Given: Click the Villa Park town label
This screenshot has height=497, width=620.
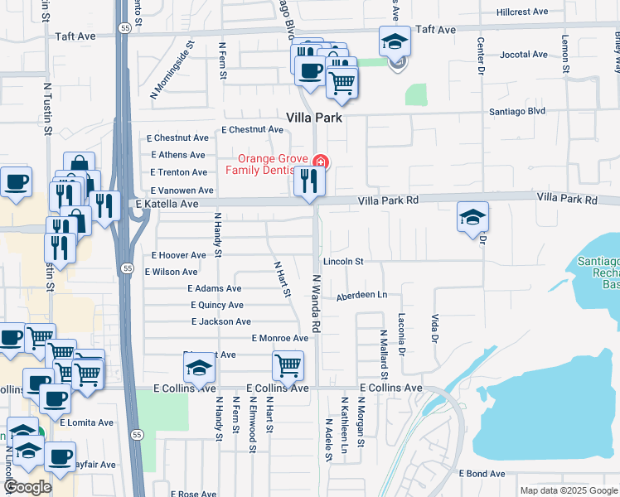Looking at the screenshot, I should pos(314,118).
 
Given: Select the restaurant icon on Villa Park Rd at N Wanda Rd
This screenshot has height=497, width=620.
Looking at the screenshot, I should pos(308,181).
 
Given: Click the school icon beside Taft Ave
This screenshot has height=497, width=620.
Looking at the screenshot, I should pos(395,41).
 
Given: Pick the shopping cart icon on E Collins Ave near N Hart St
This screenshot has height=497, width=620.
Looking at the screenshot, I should pos(287,365).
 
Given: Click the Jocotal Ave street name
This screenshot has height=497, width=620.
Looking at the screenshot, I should pos(524,55).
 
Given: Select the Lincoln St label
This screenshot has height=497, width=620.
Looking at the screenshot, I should pos(343,262).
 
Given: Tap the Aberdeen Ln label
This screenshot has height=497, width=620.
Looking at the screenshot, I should pos(361,296).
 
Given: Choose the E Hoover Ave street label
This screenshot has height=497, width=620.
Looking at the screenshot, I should pos(178,256).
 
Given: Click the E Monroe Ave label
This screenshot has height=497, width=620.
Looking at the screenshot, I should pos(279,338).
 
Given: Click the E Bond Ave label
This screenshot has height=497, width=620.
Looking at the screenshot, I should pos(482,474).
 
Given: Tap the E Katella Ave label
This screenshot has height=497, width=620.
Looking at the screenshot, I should pos(167,204).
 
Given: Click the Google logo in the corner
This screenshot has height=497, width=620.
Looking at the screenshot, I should pos(27,487).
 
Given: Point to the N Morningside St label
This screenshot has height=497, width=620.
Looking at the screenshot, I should pos(172,70).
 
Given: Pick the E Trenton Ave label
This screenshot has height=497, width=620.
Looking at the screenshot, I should pos(178,172).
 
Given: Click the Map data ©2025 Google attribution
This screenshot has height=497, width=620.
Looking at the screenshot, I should pos(568,490).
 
